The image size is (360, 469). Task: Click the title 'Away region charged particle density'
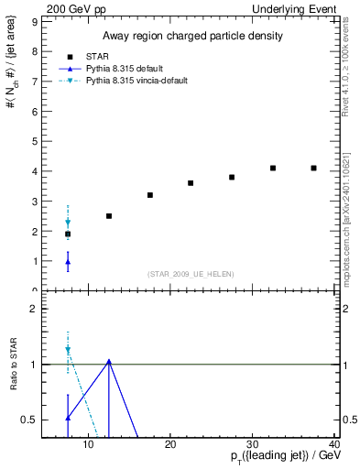pos(191,36)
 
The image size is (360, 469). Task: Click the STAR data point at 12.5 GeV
pos(109,216)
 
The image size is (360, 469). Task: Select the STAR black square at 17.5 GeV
pos(150,195)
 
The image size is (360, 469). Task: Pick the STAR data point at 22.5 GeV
pos(191,183)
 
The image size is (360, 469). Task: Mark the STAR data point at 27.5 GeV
pos(232,177)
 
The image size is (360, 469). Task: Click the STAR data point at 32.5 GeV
pos(273,168)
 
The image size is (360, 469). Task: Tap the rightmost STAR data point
pos(313,168)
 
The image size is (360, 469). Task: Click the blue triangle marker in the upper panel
pos(68,262)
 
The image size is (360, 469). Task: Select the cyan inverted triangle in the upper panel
pos(68,223)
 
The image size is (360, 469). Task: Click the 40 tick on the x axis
pos(334,445)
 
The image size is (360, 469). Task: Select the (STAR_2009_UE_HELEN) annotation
pos(191,274)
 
